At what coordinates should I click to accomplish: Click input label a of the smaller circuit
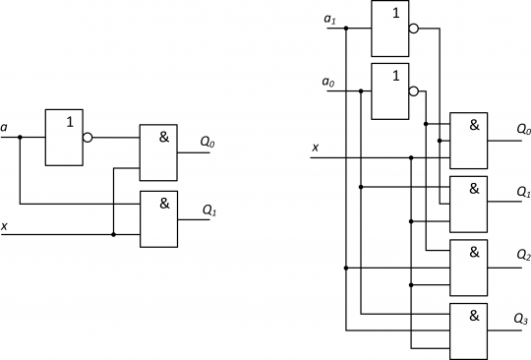tap(5, 127)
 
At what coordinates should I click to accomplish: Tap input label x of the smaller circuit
tap(5, 225)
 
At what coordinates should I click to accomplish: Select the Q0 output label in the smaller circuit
tap(208, 143)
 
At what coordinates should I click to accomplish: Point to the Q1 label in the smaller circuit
tap(208, 210)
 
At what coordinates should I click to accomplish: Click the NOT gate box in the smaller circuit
tap(64, 138)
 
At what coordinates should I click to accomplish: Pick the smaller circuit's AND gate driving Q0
tap(158, 151)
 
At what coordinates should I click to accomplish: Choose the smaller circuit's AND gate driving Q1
tap(158, 218)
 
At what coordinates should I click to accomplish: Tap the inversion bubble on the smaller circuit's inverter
tap(88, 138)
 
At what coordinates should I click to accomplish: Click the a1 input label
tap(329, 18)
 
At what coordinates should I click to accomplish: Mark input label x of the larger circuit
tap(315, 148)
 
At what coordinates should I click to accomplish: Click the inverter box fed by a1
tap(389, 28)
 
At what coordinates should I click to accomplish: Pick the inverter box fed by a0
tap(389, 91)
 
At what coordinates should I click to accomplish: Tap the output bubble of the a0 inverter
tap(413, 91)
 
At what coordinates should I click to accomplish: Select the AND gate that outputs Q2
tap(468, 267)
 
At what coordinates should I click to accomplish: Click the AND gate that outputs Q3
tap(468, 330)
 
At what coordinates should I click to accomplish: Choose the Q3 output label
tap(522, 318)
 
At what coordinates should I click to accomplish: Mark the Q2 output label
tap(522, 254)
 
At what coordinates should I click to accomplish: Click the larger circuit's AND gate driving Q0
tap(468, 140)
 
